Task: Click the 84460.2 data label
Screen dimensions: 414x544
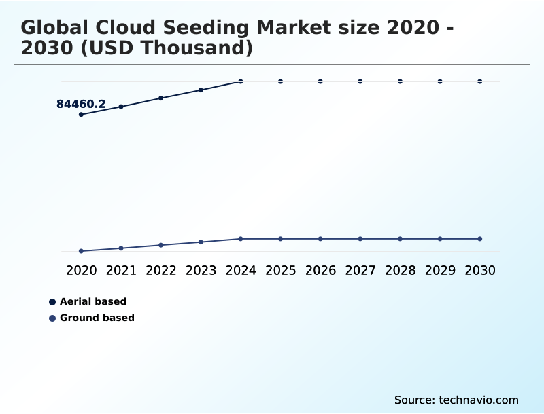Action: coord(81,104)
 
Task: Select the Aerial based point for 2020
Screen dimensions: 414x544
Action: coord(81,115)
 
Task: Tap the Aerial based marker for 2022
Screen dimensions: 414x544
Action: coord(161,98)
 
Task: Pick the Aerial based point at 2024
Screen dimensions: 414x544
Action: coord(241,81)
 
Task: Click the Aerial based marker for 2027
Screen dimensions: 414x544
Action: coord(360,81)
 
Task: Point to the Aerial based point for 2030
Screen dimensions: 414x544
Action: coord(480,81)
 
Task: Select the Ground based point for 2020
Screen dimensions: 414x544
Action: coord(81,251)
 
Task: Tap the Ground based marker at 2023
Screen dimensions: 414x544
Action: coord(201,242)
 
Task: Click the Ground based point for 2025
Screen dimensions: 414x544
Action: coord(280,239)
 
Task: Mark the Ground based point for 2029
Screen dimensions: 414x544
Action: coord(440,239)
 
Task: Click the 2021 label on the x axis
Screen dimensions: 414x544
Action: coord(121,271)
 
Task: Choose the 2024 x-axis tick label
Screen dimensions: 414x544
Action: coord(241,271)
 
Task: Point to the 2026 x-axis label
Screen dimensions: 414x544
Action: coord(320,271)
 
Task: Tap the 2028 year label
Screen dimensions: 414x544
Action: coord(400,271)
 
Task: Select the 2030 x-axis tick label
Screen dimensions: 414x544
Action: coord(480,271)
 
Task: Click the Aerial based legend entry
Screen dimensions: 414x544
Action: coord(93,301)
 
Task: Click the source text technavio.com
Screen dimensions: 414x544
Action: coord(479,400)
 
